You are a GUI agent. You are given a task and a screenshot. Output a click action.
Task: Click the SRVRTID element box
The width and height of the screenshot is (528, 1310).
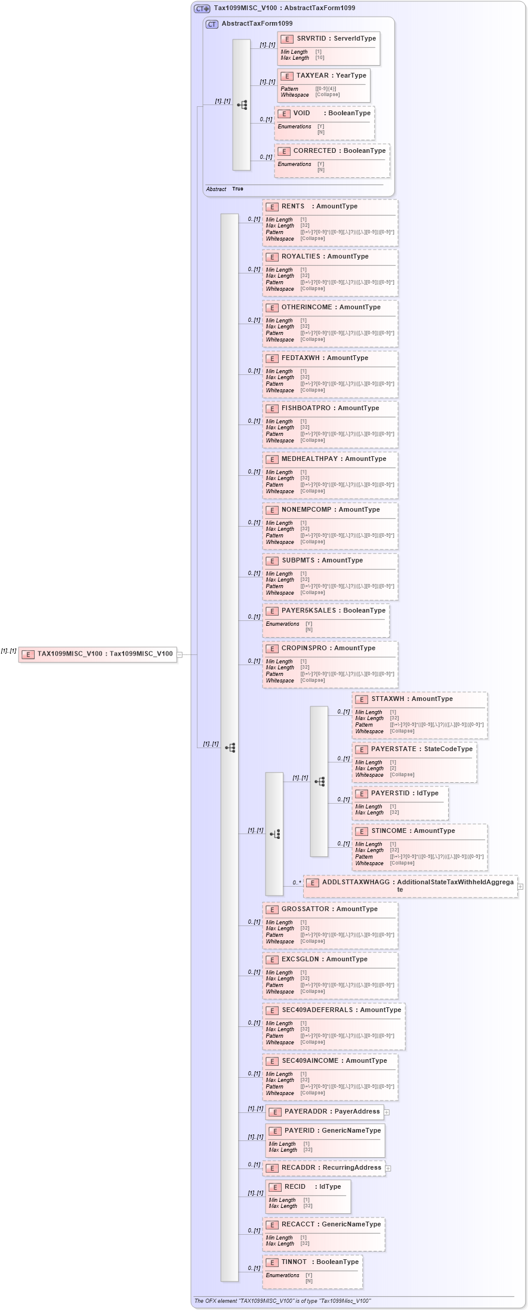pyautogui.click(x=336, y=39)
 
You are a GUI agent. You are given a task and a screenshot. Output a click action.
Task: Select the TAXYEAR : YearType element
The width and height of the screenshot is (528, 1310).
pyautogui.click(x=331, y=76)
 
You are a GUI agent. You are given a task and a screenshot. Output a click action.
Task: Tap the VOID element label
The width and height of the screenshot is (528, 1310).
pyautogui.click(x=301, y=113)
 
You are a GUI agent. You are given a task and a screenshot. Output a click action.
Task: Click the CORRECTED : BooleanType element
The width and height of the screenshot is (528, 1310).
pyautogui.click(x=339, y=151)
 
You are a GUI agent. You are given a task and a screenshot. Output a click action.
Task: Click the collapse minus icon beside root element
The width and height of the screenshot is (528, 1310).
pyautogui.click(x=180, y=654)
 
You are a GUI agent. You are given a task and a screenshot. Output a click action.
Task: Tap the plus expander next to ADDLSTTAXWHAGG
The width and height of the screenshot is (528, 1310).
pyautogui.click(x=520, y=887)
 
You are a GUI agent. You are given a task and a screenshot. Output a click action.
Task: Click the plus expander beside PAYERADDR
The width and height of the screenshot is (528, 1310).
pyautogui.click(x=387, y=1112)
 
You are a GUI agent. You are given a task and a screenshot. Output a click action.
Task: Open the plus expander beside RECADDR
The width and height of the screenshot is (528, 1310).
pyautogui.click(x=388, y=1168)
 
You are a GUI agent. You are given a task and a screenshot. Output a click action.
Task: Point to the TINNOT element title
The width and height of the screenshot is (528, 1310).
pyautogui.click(x=294, y=1262)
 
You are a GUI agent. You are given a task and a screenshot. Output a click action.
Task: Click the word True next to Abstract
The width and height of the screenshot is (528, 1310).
pyautogui.click(x=237, y=189)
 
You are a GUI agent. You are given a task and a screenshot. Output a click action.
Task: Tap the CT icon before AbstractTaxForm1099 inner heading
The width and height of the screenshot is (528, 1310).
pyautogui.click(x=212, y=24)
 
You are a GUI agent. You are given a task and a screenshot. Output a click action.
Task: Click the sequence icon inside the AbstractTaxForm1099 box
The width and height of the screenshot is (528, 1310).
pyautogui.click(x=242, y=105)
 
